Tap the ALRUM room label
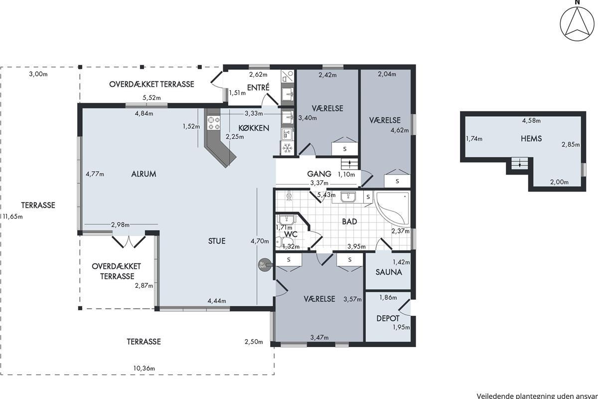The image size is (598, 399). tap(144, 174)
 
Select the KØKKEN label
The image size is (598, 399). tap(254, 128)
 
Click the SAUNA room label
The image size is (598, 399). tap(389, 272)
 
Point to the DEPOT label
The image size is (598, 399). tap(388, 318)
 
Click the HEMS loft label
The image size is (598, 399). tap(531, 139)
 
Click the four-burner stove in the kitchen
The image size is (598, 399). tap(214, 123)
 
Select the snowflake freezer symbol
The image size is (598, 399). tap(287, 148)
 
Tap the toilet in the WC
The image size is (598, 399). tap(280, 242)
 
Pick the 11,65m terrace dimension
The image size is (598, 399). tap(13, 216)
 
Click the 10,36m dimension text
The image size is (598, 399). tap(144, 368)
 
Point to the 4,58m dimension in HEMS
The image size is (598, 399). tap(531, 121)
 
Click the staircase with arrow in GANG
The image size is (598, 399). tap(349, 163)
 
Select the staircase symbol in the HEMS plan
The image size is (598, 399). tap(519, 163)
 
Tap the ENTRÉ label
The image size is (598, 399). tap(258, 87)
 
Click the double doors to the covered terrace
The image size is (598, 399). tap(129, 241)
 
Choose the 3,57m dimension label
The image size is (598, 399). tap(352, 299)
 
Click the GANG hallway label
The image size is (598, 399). tap(319, 174)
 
